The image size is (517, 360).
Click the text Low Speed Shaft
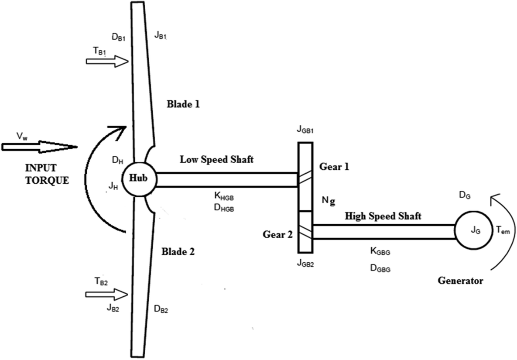217,159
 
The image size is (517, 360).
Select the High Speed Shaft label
383,216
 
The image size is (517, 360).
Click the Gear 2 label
277,234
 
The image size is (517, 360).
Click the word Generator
460,281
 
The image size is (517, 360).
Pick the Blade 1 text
183,105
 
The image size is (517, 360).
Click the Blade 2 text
178,252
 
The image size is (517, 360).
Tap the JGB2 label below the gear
305,264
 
